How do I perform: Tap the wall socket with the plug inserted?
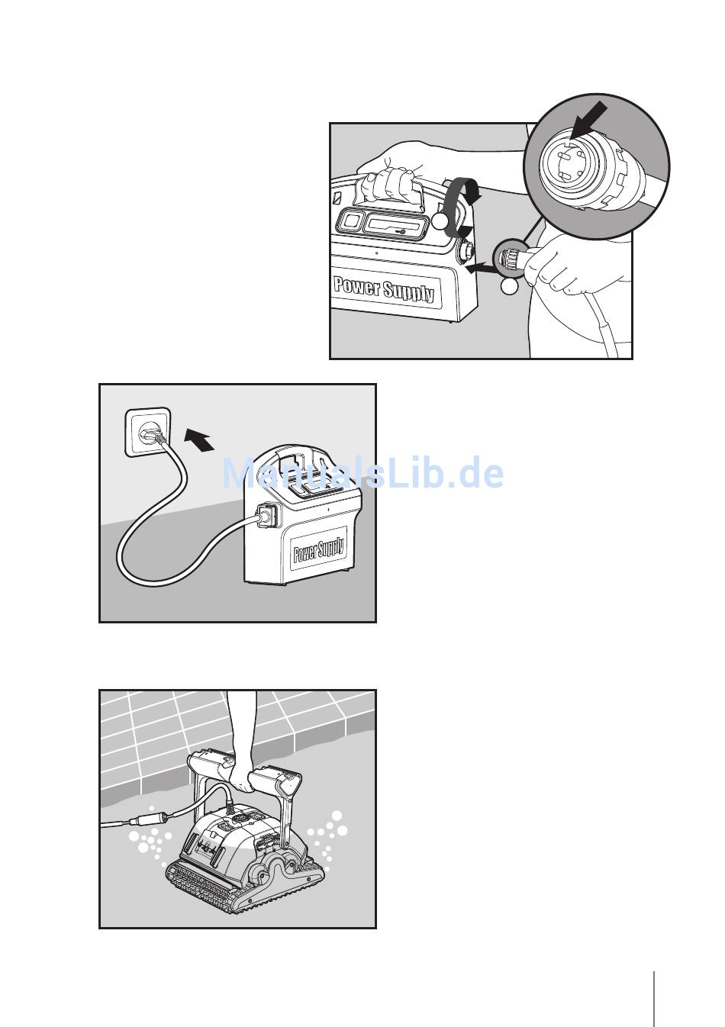pos(148,433)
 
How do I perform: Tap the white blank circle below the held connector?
pos(509,287)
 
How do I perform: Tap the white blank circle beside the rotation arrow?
pos(440,221)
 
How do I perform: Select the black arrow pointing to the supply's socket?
pos(481,266)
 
